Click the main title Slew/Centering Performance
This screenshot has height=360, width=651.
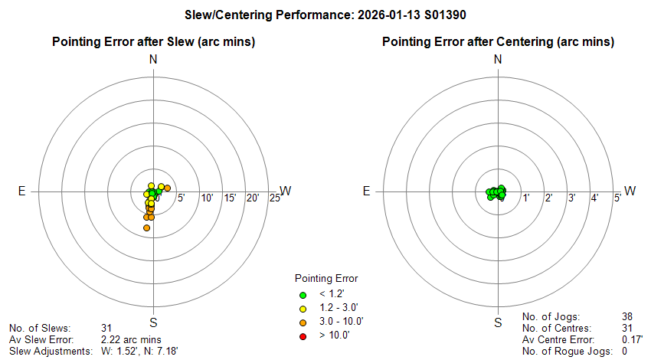point(325,15)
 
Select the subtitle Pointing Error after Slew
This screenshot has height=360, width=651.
point(153,41)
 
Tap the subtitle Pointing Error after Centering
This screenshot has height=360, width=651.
point(498,41)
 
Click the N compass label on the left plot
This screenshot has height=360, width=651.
point(153,60)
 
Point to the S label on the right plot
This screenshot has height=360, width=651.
point(498,322)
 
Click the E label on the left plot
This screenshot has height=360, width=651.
point(22,191)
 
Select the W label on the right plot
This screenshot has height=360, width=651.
point(630,191)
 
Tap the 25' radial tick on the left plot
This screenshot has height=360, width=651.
point(275,198)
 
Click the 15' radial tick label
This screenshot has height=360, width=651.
point(229,198)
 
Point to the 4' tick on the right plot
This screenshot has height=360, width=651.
point(594,198)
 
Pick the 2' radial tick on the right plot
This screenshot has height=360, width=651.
point(548,198)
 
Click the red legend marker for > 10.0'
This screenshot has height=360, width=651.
point(303,335)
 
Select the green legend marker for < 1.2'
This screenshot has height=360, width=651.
point(303,294)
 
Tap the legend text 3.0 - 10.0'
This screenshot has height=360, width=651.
point(341,322)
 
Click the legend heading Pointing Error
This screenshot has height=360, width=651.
point(326,278)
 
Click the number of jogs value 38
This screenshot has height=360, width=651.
point(629,316)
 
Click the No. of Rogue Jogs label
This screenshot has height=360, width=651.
point(567,351)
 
